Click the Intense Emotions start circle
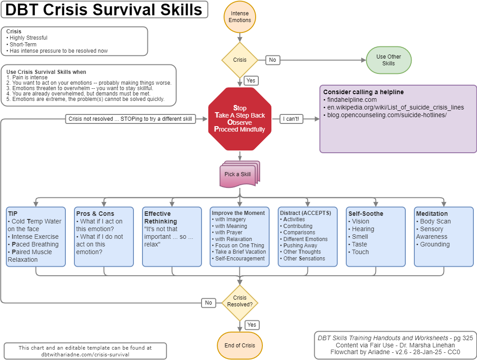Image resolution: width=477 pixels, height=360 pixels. click(239, 17)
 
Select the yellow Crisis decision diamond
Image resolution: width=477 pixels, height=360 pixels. click(239, 60)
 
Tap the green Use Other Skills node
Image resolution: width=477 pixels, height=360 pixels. click(388, 60)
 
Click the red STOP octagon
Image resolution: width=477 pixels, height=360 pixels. click(239, 119)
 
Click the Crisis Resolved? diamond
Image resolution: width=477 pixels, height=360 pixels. click(239, 301)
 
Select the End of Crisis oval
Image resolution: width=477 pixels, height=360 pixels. click(239, 346)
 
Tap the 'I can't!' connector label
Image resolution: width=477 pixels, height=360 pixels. click(292, 119)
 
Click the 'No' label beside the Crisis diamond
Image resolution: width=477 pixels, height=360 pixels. click(272, 60)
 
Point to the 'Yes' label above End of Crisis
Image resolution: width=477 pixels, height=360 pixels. click(252, 325)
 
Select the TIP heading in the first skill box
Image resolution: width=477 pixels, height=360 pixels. click(13, 214)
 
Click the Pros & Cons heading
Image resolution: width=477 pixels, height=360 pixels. click(95, 214)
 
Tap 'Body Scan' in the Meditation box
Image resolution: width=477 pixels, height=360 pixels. click(435, 221)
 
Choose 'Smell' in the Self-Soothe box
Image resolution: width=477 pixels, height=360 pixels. click(360, 237)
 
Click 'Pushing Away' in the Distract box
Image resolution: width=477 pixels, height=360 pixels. click(300, 246)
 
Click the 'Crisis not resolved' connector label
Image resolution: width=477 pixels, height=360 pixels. click(130, 119)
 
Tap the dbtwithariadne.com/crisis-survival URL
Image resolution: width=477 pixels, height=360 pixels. click(85, 354)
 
